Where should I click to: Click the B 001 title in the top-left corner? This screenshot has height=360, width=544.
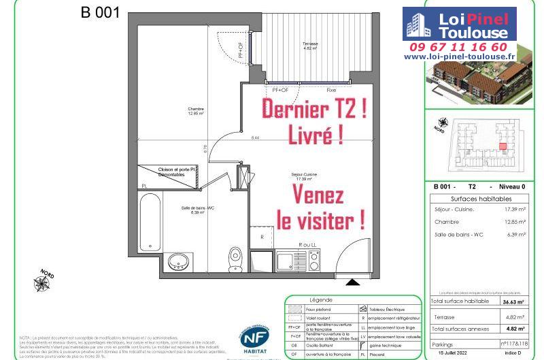point(101,12)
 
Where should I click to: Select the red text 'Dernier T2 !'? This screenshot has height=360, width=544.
point(315,110)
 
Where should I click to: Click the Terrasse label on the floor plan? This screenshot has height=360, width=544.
point(310,46)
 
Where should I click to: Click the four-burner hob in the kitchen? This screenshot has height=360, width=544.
point(313,259)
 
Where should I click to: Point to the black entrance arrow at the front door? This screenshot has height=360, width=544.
point(353,281)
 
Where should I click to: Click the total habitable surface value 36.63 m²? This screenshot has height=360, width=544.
point(517,301)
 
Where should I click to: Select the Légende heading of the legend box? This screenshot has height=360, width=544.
point(320,300)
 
